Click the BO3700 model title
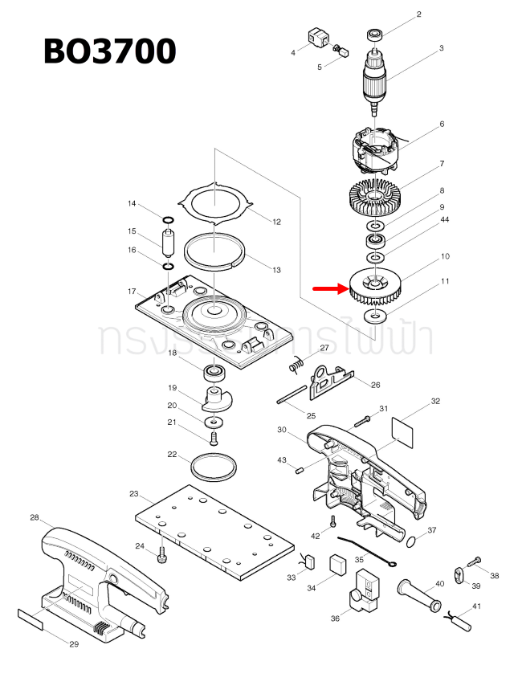(x=109, y=51)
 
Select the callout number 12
(x=276, y=222)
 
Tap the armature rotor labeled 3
(x=374, y=77)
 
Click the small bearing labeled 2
(x=373, y=35)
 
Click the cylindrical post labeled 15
(x=169, y=241)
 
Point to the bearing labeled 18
(x=214, y=372)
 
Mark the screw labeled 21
(x=214, y=438)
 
